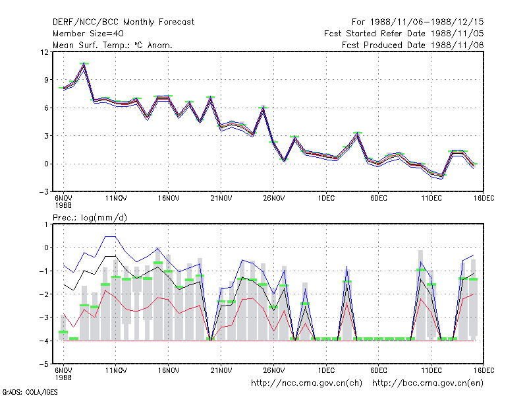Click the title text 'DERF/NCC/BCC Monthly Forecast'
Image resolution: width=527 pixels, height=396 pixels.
tap(123, 22)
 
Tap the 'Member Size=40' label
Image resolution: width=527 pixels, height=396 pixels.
tap(88, 34)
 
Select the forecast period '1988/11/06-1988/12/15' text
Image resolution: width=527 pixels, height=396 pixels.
tap(427, 22)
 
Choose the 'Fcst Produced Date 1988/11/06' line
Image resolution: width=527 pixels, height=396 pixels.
tap(413, 45)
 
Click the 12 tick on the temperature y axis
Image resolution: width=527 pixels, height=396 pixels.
tap(44, 52)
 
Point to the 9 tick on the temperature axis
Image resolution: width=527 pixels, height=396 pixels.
tap(46, 80)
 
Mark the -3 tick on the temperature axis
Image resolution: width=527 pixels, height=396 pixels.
tap(44, 192)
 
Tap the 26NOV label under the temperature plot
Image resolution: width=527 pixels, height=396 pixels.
tap(273, 199)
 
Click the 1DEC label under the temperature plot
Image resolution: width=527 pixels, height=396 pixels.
tap(326, 199)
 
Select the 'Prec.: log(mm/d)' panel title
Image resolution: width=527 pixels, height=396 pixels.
tap(90, 218)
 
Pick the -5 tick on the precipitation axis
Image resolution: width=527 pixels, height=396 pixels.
tap(44, 364)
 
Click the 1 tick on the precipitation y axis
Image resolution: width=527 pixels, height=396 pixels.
tap(47, 224)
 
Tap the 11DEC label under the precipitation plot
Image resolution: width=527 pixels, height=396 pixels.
tap(431, 370)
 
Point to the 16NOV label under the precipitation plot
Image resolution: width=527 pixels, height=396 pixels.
tap(169, 370)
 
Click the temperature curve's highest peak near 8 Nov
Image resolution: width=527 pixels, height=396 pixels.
tap(84, 63)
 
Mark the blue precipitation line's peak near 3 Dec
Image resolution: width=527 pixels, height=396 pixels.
tap(347, 267)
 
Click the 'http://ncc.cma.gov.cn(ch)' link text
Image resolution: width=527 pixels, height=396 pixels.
tap(306, 383)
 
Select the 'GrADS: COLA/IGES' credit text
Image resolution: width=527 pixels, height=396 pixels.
tap(30, 392)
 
